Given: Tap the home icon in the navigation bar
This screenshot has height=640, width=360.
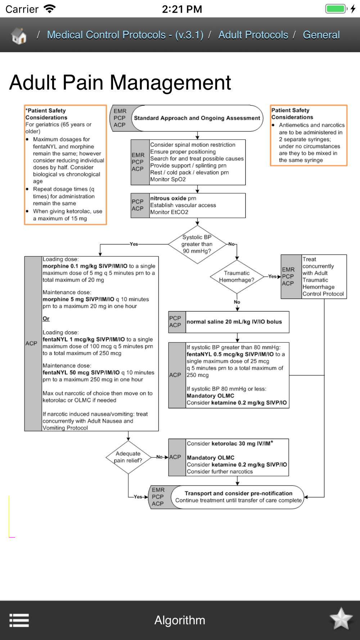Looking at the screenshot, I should coord(19,36).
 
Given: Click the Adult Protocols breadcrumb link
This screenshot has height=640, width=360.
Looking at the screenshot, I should coord(253,35).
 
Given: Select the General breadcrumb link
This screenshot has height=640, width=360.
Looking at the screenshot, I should coord(321,35).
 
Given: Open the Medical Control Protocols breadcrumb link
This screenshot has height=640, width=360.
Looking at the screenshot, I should coord(125,35).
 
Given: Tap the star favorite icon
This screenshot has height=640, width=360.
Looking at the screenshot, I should coord(341,619).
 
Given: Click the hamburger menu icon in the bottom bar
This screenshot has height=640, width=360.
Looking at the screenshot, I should coord(19,620).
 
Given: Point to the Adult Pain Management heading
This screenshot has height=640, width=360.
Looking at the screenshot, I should coord(120,82).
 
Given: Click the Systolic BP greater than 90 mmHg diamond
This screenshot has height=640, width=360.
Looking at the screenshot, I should coord(197,244).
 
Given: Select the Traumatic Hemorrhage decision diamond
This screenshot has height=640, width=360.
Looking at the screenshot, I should coord(237,276).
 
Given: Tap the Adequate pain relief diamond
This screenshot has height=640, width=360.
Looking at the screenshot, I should coord(128,457).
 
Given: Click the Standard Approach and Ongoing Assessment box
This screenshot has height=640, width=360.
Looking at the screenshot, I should coord(197,118).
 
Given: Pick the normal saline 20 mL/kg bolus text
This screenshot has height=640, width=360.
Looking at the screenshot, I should coord(234,322).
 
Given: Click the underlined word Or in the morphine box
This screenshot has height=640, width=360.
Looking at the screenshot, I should coord(46,319).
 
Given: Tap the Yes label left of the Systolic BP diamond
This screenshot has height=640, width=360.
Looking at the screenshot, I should coord(134,244).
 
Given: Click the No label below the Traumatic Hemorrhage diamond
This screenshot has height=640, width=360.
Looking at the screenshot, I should coord(237,302).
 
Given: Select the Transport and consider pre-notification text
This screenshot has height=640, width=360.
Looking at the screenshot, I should coord(238,493).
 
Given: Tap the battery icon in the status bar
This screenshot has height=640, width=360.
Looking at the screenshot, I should coord(336,9).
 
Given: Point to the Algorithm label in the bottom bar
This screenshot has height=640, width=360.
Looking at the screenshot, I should coord(180,620).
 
